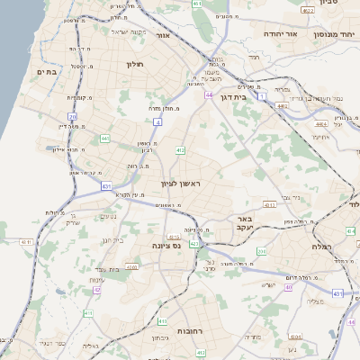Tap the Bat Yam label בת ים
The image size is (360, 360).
tap(47, 70)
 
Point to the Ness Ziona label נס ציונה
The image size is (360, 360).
tap(167, 245)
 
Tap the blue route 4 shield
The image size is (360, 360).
tap(157, 120)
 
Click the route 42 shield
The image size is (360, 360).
tap(96, 291)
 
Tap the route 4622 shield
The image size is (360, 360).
tap(308, 11)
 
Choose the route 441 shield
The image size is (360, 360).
tap(105, 138)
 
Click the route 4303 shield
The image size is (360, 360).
tap(132, 267)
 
